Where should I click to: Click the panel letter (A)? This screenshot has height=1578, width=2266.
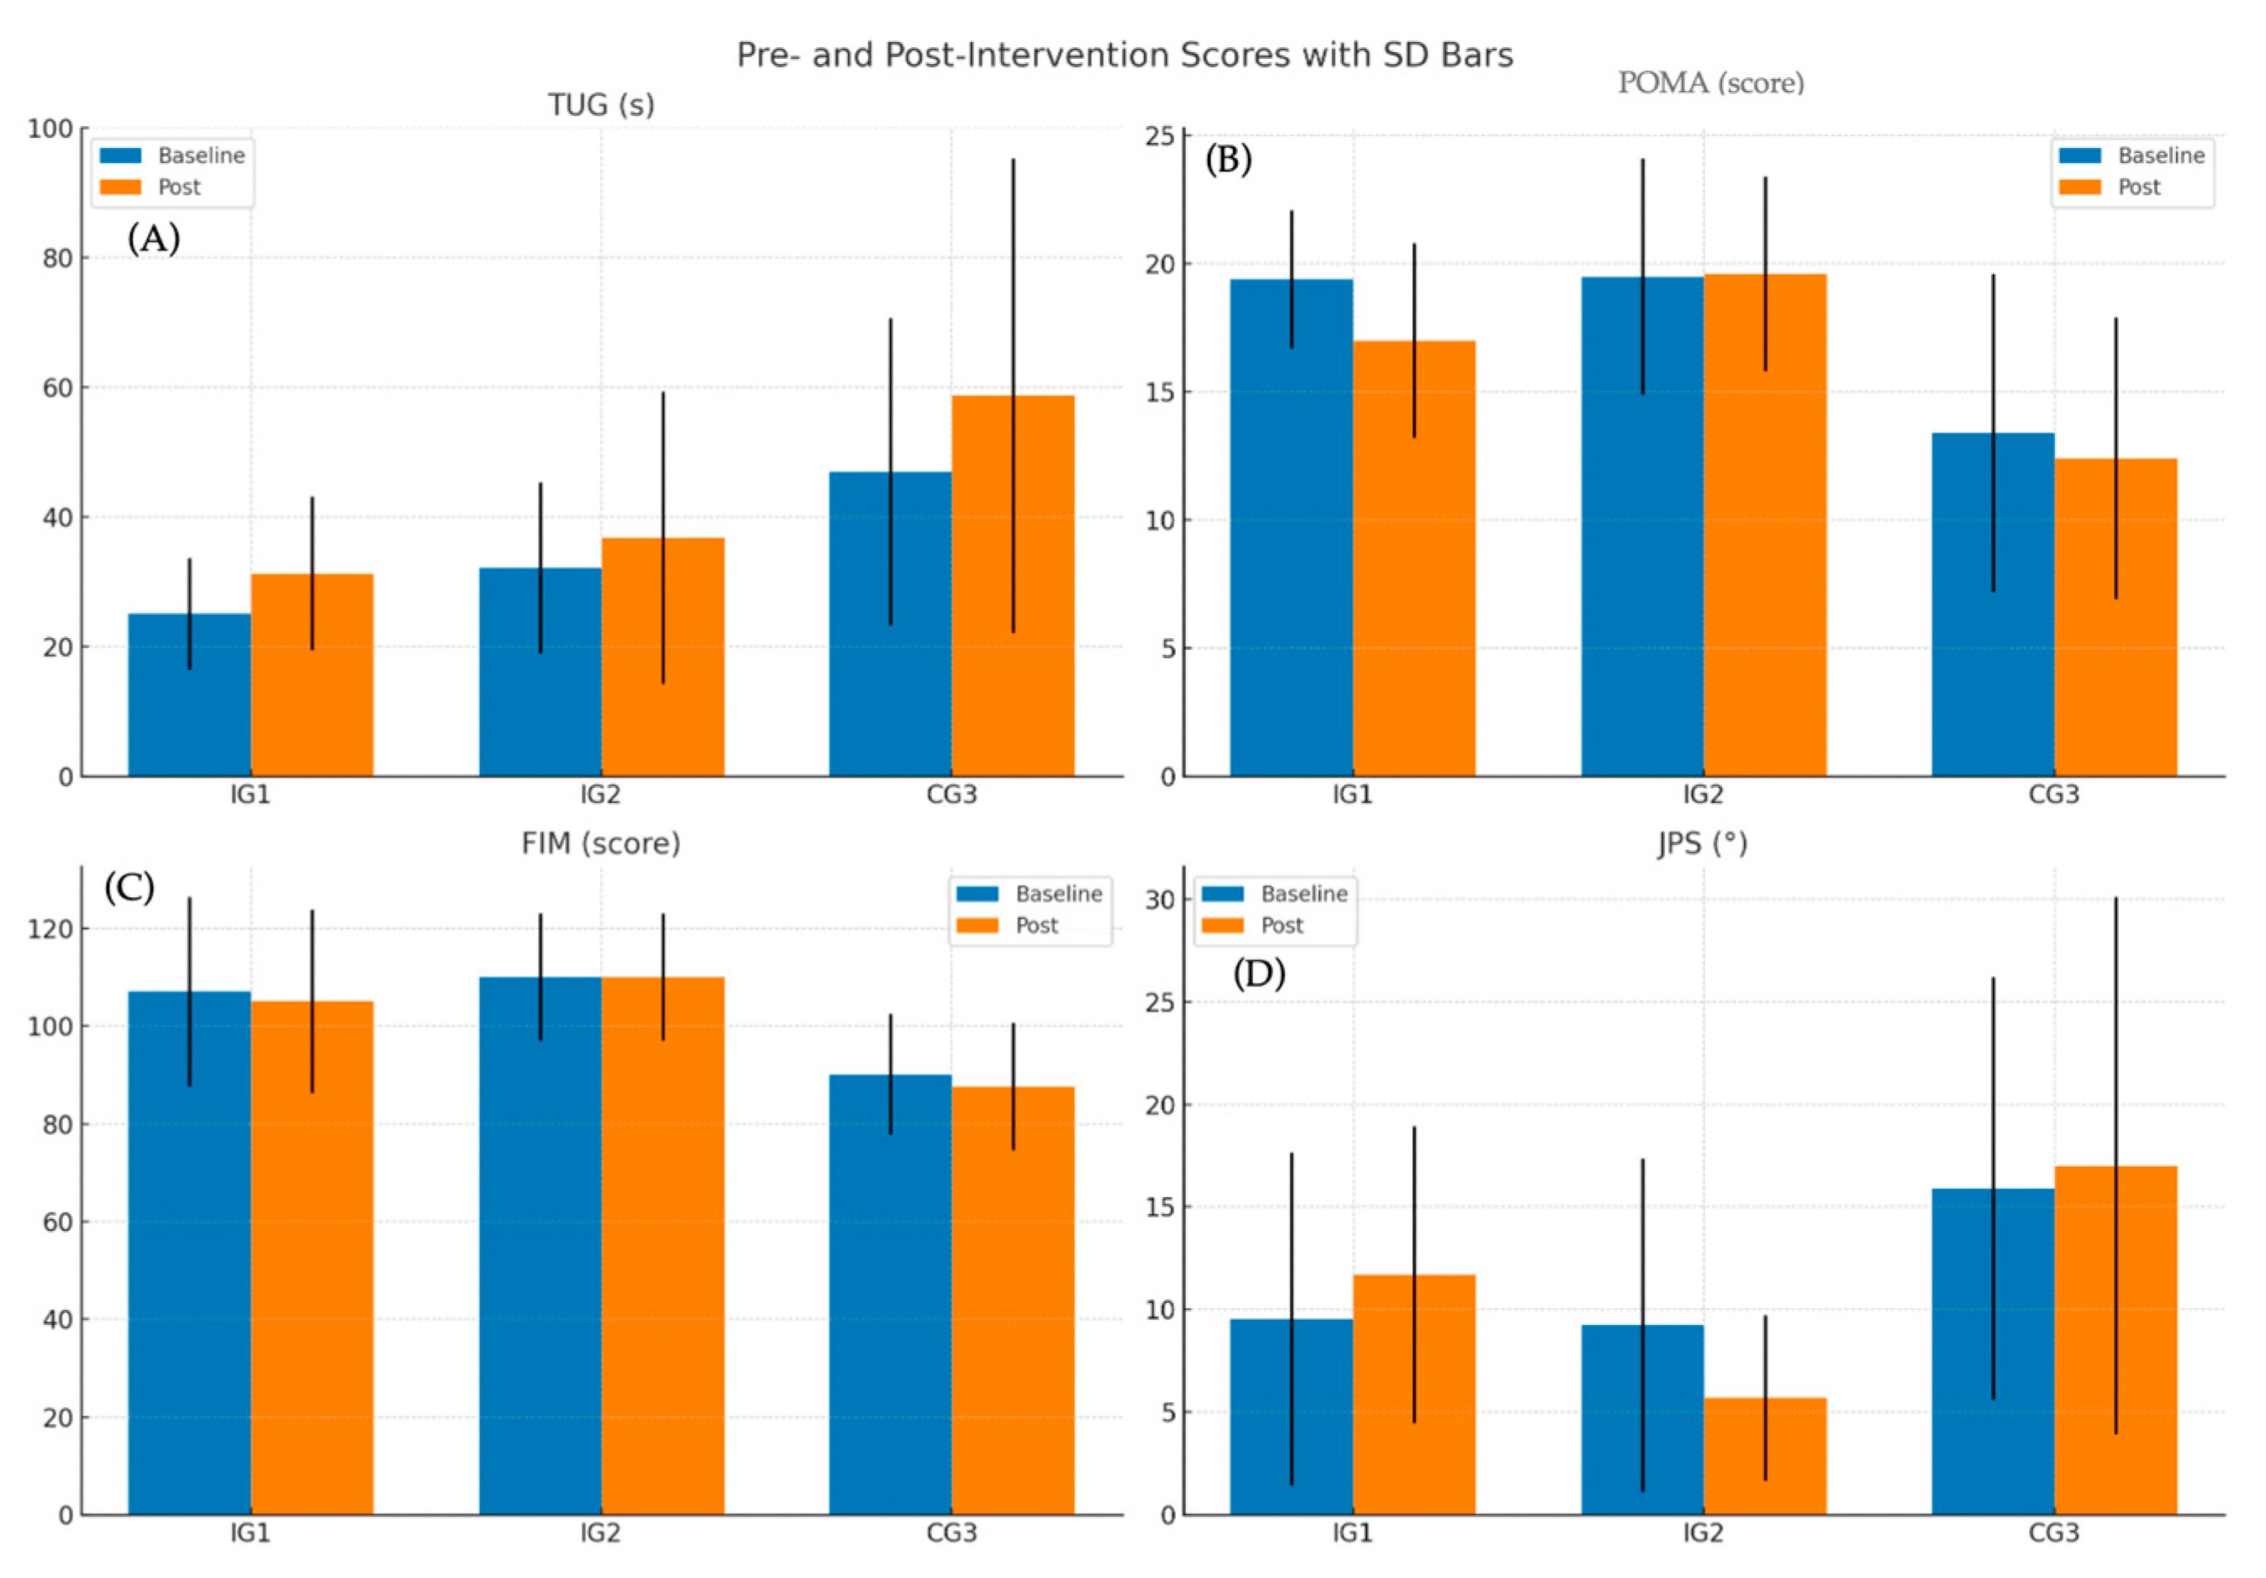point(154,238)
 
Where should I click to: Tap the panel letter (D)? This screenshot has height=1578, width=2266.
point(1258,974)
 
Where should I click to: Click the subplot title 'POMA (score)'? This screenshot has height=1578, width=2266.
point(1710,83)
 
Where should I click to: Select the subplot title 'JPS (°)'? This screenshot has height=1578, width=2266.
point(1703,844)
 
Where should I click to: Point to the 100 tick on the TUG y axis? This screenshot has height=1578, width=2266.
point(50,129)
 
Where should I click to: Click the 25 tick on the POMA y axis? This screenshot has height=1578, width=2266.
point(1160,136)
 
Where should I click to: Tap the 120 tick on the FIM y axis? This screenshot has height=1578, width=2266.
point(50,930)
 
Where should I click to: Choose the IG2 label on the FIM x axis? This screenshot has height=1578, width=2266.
point(600,1533)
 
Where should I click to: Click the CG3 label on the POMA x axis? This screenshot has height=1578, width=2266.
point(2054,794)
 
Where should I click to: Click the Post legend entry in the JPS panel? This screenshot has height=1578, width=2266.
point(1281,926)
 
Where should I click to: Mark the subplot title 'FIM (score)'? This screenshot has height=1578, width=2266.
point(601,844)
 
